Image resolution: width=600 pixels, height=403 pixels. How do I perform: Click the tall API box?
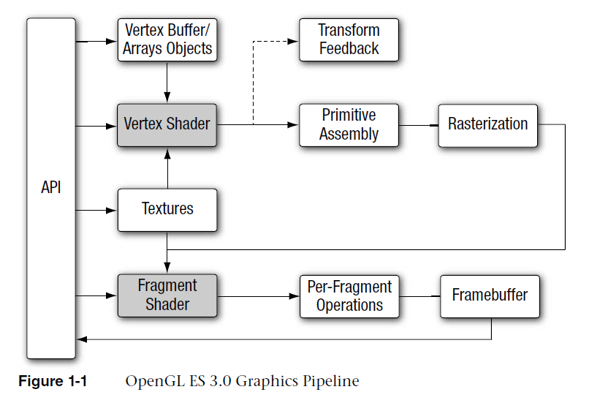(x=51, y=188)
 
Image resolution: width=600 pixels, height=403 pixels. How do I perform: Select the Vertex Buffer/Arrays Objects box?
(x=167, y=39)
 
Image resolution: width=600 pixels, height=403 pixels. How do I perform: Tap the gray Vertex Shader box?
(x=167, y=124)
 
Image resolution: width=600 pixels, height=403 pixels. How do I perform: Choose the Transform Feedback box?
(x=349, y=39)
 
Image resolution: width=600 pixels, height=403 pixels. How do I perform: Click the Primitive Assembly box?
(x=349, y=124)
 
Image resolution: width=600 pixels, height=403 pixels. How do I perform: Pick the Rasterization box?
(x=487, y=124)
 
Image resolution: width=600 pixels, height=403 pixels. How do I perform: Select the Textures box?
(x=167, y=209)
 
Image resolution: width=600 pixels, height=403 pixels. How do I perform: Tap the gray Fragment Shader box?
(x=167, y=295)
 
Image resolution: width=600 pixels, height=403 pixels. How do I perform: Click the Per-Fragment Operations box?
(x=349, y=295)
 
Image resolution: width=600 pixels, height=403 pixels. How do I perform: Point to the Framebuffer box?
(x=490, y=295)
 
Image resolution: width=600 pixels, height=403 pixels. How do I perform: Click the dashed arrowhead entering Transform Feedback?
(x=295, y=40)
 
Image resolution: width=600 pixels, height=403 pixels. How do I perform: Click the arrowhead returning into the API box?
(x=81, y=339)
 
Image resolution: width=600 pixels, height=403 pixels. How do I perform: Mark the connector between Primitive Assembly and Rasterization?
(x=419, y=125)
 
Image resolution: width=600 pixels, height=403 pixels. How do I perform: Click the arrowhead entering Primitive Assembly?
(x=295, y=125)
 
